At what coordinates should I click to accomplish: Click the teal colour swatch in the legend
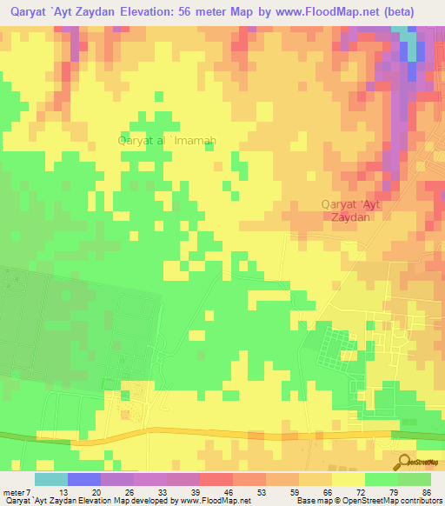coord(51,479)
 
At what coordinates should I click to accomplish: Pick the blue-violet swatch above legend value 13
coord(84,479)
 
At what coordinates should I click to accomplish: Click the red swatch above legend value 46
coord(216,479)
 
